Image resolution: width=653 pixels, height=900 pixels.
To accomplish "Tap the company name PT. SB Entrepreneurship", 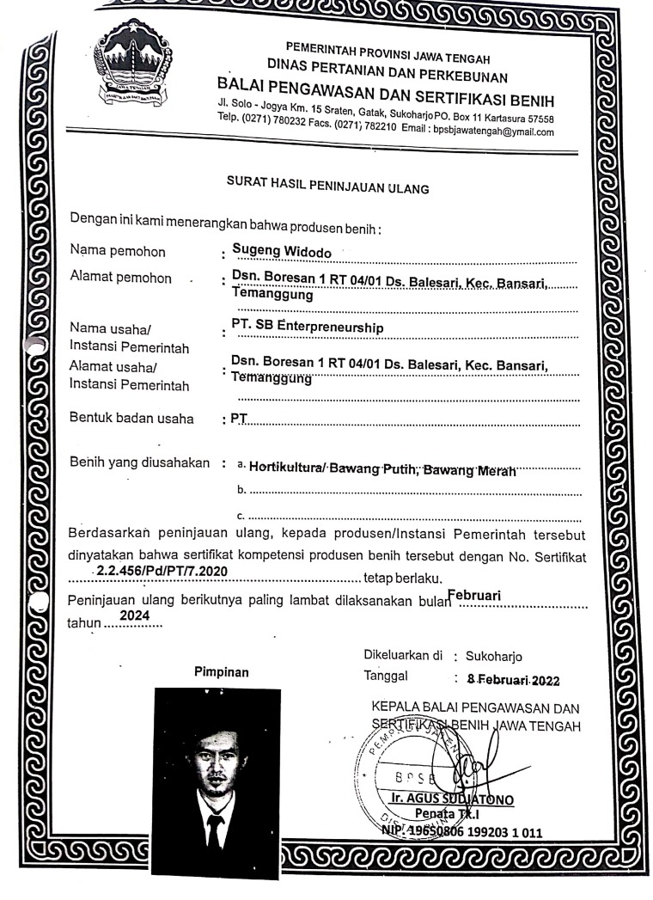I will pos(308,327).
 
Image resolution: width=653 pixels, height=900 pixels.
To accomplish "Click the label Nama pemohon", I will pos(119,252).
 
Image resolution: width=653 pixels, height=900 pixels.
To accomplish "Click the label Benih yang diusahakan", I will pos(140,464).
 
